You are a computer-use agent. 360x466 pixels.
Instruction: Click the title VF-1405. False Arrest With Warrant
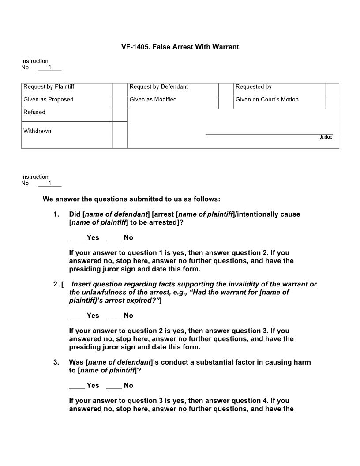pos(180,47)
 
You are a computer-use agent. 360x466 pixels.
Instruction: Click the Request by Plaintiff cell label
pos(49,87)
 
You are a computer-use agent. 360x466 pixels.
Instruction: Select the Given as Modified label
pos(153,100)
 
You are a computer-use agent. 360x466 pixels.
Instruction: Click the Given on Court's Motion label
pos(267,100)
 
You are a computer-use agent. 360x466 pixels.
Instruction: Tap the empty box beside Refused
pos(120,115)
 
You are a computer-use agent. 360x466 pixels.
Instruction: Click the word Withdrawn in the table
pos(37,131)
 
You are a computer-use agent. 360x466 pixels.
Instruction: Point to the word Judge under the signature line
pos(326,137)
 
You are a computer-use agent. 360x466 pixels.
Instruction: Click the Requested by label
pos(253,87)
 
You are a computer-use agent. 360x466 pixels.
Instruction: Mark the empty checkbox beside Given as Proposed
pos(120,102)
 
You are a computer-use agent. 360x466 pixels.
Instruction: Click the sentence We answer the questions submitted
pos(131,199)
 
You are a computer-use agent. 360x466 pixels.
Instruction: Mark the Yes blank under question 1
pos(77,238)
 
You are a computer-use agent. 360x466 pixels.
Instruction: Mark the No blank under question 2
pos(114,316)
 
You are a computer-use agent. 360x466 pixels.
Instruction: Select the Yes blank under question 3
pos(77,386)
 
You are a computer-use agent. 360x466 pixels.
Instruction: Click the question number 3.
pos(56,362)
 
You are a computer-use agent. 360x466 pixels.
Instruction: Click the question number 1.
pos(56,214)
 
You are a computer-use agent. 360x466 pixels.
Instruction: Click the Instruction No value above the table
pos(50,68)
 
